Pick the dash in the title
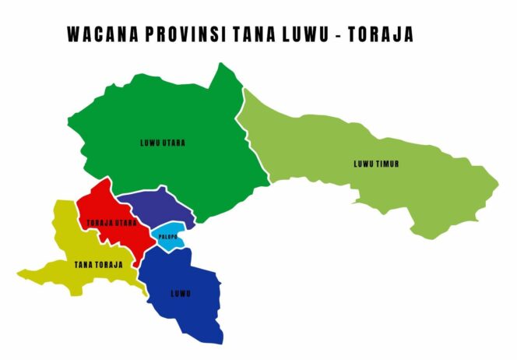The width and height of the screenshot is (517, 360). (339, 35)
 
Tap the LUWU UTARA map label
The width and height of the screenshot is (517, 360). (163, 143)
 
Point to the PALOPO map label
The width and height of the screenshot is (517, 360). (168, 236)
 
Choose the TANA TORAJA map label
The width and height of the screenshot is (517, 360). (98, 265)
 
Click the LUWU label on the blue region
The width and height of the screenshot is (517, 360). (181, 294)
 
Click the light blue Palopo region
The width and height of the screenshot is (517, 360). (173, 244)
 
